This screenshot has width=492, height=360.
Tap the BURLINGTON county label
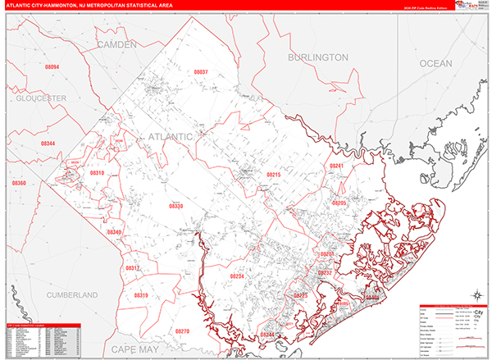(317, 57)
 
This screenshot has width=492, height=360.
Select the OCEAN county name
(435, 63)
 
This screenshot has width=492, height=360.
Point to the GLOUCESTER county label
(40, 98)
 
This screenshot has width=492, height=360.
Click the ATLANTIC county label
(170, 134)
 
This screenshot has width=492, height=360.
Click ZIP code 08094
(52, 66)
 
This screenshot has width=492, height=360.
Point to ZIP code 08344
(48, 144)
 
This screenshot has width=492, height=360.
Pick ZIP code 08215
(273, 175)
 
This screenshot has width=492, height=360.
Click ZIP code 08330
(175, 206)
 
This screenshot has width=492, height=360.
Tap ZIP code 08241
(336, 166)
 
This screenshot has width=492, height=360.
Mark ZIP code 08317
(133, 268)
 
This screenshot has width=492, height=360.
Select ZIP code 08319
(141, 294)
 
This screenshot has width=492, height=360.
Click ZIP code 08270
(181, 330)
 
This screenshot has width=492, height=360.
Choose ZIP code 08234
(237, 276)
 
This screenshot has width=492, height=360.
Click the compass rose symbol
(475, 294)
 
